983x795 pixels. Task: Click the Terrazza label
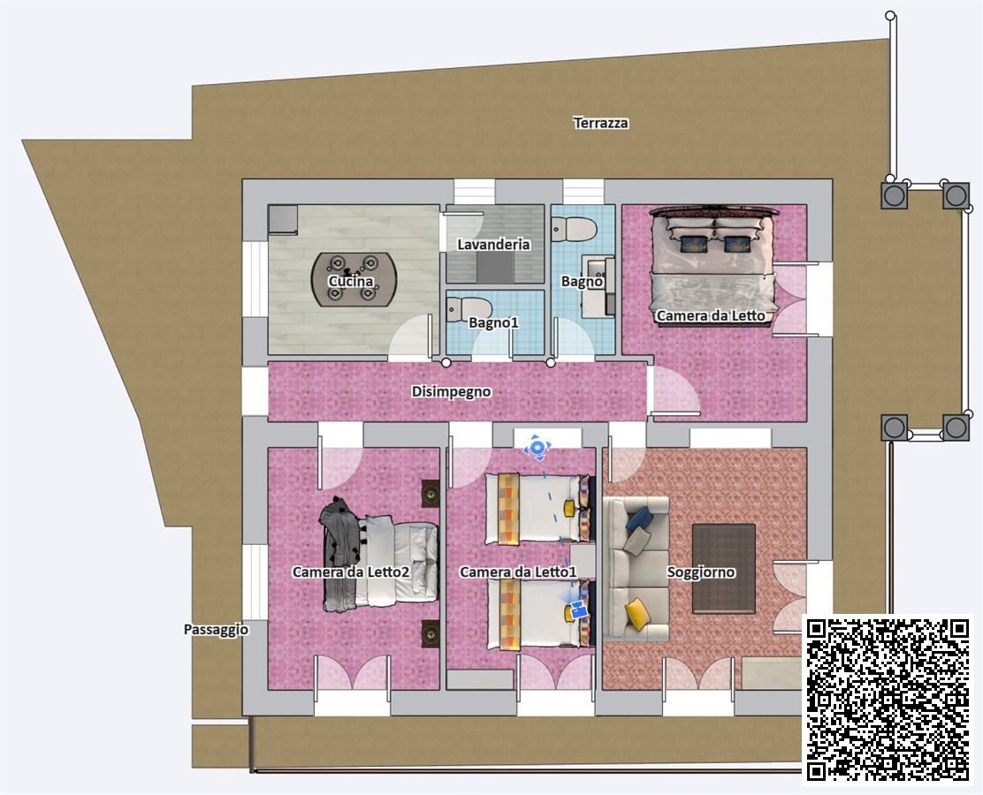[600, 123]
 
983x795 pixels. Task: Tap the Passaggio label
[216, 630]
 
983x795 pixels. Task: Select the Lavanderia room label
[493, 245]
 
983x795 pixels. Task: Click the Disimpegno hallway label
[452, 391]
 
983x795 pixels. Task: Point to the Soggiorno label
[701, 572]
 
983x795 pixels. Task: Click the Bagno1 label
[494, 322]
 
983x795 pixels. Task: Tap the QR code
[887, 699]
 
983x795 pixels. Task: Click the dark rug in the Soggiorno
[723, 568]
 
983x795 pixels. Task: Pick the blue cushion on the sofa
[639, 519]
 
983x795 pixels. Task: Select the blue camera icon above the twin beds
[537, 447]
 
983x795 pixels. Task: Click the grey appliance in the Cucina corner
[283, 219]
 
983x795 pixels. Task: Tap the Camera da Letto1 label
[518, 572]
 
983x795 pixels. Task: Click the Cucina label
[351, 282]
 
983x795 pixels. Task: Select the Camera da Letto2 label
[351, 572]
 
